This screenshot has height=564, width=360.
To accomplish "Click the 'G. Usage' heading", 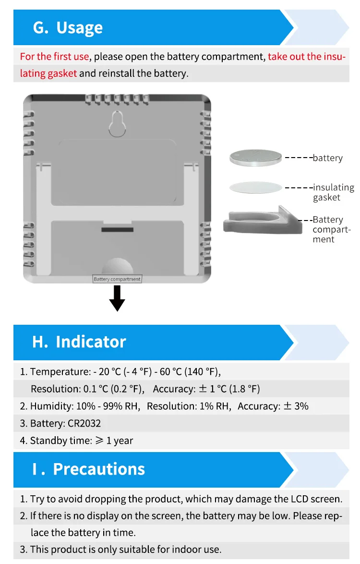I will pyautogui.click(x=68, y=28).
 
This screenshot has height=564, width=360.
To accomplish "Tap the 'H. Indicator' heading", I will pyautogui.click(x=79, y=342).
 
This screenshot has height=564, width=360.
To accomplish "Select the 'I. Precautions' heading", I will pyautogui.click(x=89, y=469).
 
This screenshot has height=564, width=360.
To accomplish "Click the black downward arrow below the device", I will pyautogui.click(x=117, y=299).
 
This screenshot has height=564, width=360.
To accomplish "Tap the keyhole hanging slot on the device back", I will pyautogui.click(x=118, y=124).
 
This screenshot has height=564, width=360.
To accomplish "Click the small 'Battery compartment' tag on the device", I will pyautogui.click(x=117, y=279).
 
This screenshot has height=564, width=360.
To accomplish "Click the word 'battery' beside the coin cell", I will pyautogui.click(x=328, y=158).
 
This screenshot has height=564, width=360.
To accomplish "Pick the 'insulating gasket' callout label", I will pyautogui.click(x=333, y=192).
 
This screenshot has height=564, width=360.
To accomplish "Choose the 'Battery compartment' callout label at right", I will pyautogui.click(x=331, y=229).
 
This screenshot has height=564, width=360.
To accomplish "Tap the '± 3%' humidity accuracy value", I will pyautogui.click(x=296, y=406).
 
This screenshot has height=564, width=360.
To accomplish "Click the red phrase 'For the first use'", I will pyautogui.click(x=54, y=57).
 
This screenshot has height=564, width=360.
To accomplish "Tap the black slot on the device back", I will pyautogui.click(x=118, y=230).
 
